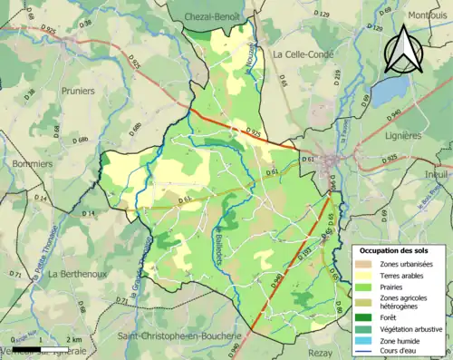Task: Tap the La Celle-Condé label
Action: click(x=304, y=54)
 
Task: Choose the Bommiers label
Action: click(x=34, y=164)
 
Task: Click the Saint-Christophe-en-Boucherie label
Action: click(x=178, y=336)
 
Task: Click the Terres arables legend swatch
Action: click(x=365, y=276)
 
